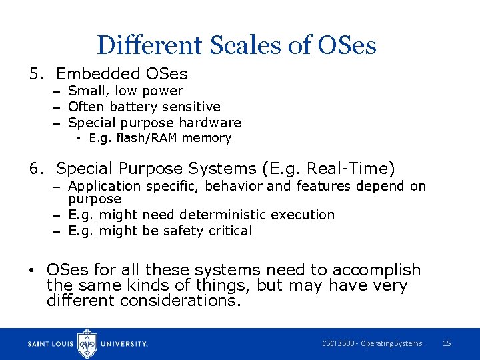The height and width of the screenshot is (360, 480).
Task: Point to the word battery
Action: tap(137, 107)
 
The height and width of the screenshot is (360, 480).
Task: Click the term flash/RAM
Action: tap(145, 138)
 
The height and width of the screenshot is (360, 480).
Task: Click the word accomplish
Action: tap(377, 270)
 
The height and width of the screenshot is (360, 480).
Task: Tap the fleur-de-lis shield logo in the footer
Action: tap(87, 343)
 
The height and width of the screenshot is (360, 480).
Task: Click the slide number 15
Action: tap(447, 343)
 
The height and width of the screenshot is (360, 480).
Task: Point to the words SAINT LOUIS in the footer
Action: tap(51, 344)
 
